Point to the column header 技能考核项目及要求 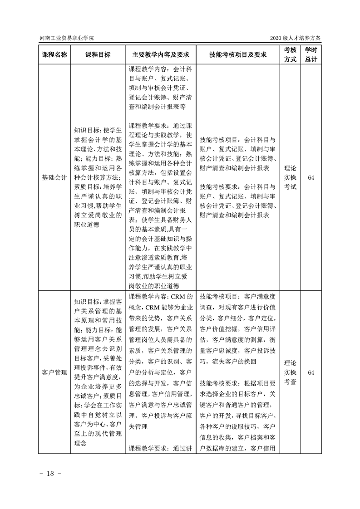click(x=238, y=54)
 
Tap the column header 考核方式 click(x=290, y=54)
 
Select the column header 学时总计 click(x=311, y=54)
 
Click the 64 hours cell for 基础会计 click(x=311, y=177)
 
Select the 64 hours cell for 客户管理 click(x=311, y=372)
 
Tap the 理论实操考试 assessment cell click(x=290, y=177)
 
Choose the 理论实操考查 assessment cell click(x=290, y=372)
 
